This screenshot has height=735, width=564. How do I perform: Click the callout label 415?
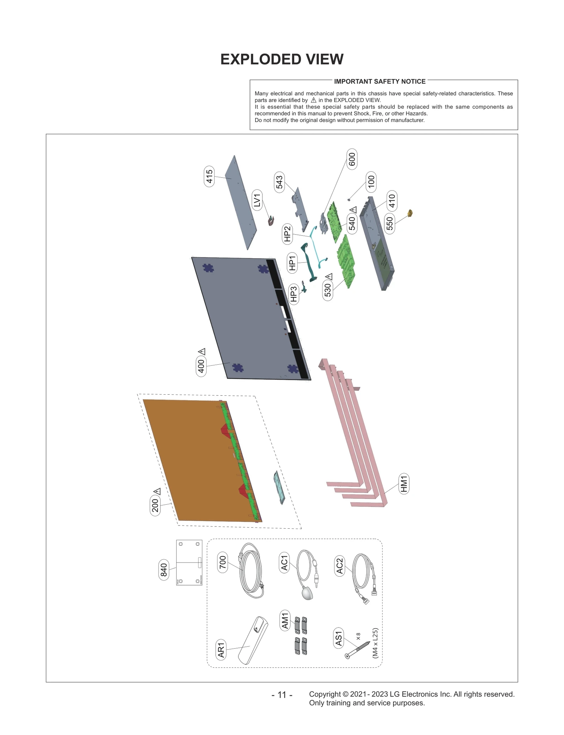pos(209,176)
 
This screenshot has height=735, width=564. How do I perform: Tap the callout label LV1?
pos(257,200)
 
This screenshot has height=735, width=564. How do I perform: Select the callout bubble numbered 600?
pos(352,159)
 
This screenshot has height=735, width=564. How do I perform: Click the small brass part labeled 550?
pos(410,213)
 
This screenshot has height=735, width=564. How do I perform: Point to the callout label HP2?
pos(287,233)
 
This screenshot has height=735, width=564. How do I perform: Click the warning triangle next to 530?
pos(329,277)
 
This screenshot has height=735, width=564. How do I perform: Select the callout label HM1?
pos(404,484)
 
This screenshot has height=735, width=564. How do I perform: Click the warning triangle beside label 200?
pos(157,491)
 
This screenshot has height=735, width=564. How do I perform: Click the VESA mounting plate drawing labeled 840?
pos(189,562)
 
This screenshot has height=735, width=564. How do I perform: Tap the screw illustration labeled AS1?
pos(357,650)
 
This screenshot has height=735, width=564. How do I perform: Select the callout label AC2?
pos(339,566)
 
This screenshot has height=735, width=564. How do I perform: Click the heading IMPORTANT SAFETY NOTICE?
pos(380,81)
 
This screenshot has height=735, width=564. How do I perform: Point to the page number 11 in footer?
pos(282,695)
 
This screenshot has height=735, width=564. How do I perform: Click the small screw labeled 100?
pos(349,200)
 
